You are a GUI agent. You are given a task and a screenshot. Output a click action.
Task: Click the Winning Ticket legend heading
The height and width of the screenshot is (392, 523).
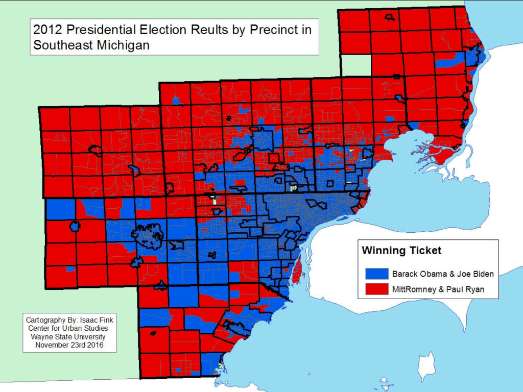[401, 251]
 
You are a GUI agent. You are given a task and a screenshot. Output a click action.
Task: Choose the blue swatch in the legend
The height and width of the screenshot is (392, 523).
[377, 274]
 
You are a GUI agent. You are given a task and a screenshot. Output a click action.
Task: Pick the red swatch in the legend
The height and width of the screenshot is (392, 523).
[377, 289]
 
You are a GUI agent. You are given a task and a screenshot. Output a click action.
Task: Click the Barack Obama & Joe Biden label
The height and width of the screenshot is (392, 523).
[442, 274]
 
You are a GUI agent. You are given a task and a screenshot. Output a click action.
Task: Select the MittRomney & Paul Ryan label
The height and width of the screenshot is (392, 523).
[438, 289]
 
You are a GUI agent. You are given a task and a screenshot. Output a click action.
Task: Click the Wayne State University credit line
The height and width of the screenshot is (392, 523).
[69, 337]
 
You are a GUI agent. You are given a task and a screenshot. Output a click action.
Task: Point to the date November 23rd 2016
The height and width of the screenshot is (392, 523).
[69, 345]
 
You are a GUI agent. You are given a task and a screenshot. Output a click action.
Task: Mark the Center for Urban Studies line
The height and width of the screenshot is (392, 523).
[69, 328]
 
